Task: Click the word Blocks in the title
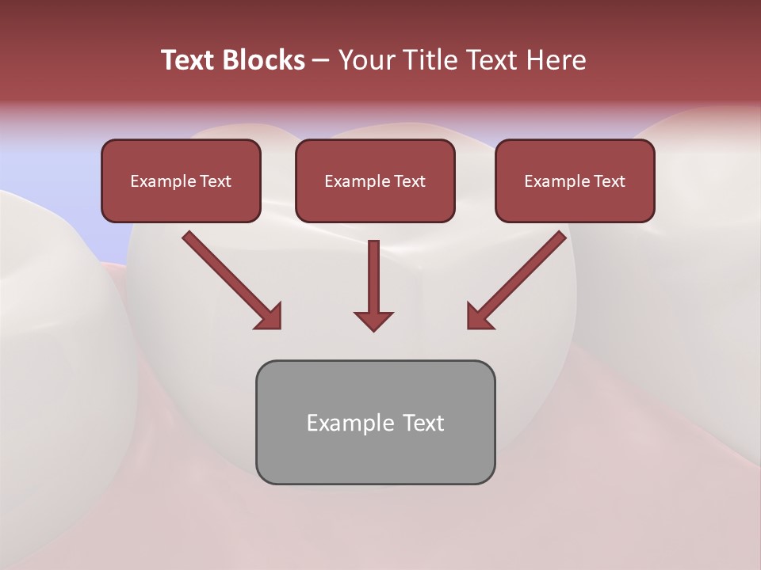(263, 60)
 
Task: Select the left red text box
(181, 181)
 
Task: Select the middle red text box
(375, 181)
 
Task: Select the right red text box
(575, 181)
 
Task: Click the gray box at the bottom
(375, 451)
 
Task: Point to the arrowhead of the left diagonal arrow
(270, 317)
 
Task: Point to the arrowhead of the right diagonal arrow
(478, 317)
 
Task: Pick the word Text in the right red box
(609, 181)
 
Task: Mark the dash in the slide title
(321, 60)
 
